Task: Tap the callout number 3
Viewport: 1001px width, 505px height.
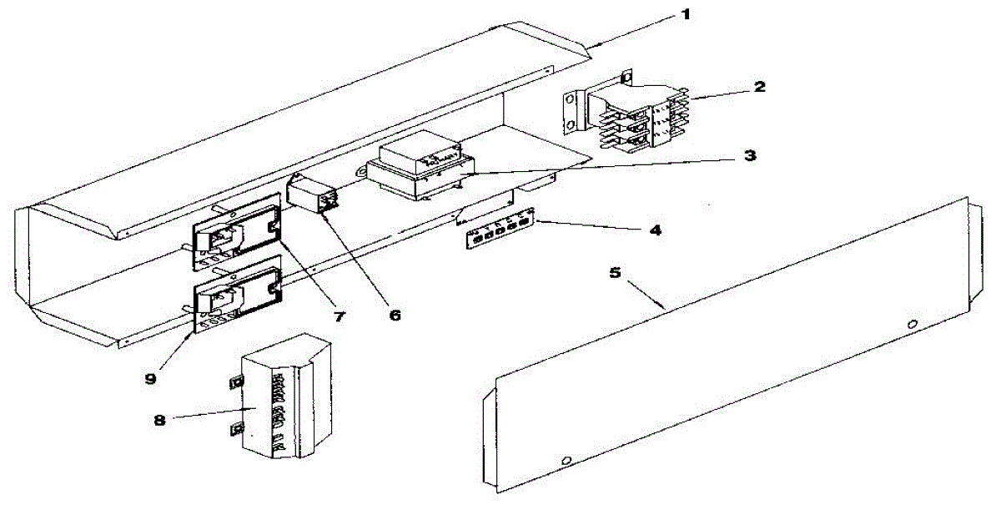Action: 750,156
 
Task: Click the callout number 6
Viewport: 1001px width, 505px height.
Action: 395,315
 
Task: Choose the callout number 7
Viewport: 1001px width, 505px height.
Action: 340,316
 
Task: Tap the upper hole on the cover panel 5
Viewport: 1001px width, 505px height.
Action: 912,323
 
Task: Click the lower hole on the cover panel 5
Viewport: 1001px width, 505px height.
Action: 566,461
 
